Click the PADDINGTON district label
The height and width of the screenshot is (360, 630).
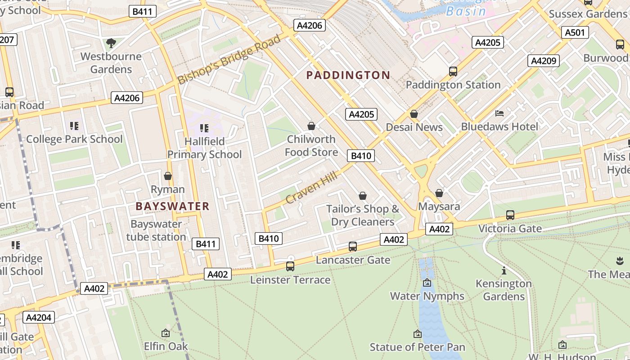point(348,75)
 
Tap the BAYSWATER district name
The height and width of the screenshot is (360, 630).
point(172,207)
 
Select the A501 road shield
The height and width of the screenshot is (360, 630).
point(575,32)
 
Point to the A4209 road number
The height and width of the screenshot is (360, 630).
point(544,61)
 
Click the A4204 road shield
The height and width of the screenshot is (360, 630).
point(39,318)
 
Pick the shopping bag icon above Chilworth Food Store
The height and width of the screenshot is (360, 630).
point(311,126)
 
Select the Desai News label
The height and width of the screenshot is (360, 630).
point(414,127)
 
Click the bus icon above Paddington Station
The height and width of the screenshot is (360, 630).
point(453,72)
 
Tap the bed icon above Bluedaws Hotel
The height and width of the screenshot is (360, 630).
point(499,113)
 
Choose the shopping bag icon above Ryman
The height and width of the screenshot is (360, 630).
point(168,176)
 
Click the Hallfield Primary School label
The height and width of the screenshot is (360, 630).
point(204,148)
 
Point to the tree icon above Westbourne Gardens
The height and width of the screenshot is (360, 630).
point(111,43)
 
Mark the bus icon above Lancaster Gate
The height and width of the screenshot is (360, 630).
point(353,247)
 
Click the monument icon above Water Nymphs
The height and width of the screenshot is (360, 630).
point(427,283)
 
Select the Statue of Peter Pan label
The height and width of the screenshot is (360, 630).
point(417,347)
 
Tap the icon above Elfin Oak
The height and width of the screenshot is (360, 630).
point(165,333)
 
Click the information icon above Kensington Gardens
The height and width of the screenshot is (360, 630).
point(504,271)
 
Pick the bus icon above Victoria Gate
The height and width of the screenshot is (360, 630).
point(510,215)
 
